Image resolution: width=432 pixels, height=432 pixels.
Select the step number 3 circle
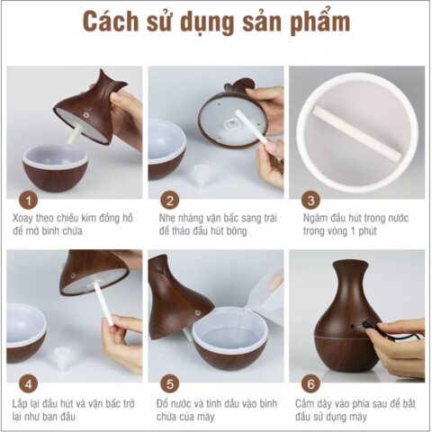[310, 200]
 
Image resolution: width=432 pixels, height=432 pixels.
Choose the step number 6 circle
[310, 381]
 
